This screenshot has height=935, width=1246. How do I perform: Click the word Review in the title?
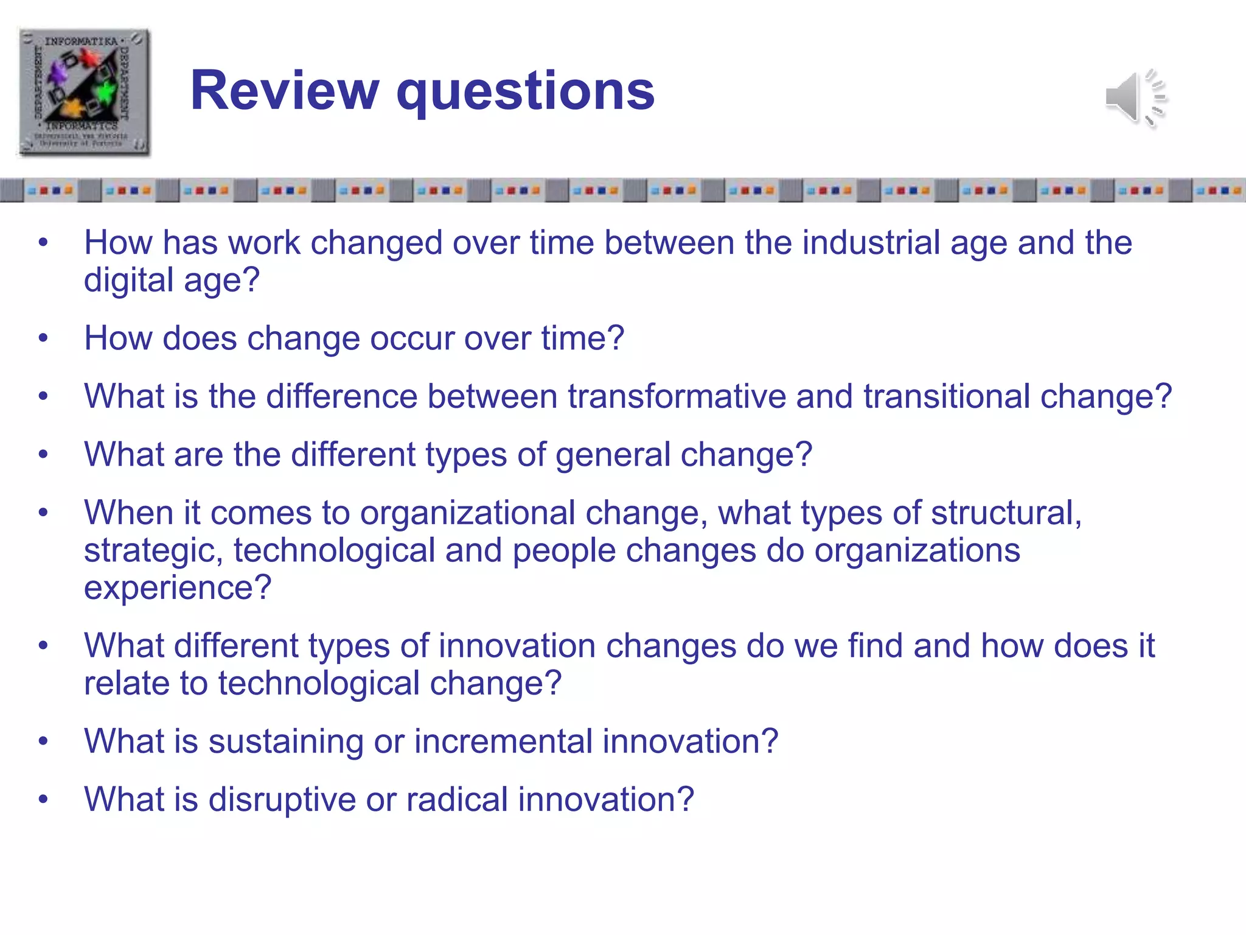point(285,91)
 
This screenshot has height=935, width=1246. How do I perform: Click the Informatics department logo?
point(84,92)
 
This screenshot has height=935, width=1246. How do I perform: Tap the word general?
point(613,455)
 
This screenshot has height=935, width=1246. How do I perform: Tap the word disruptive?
point(282,800)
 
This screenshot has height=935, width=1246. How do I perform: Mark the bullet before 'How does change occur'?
point(43,338)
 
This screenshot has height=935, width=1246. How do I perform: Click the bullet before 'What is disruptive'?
point(43,799)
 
